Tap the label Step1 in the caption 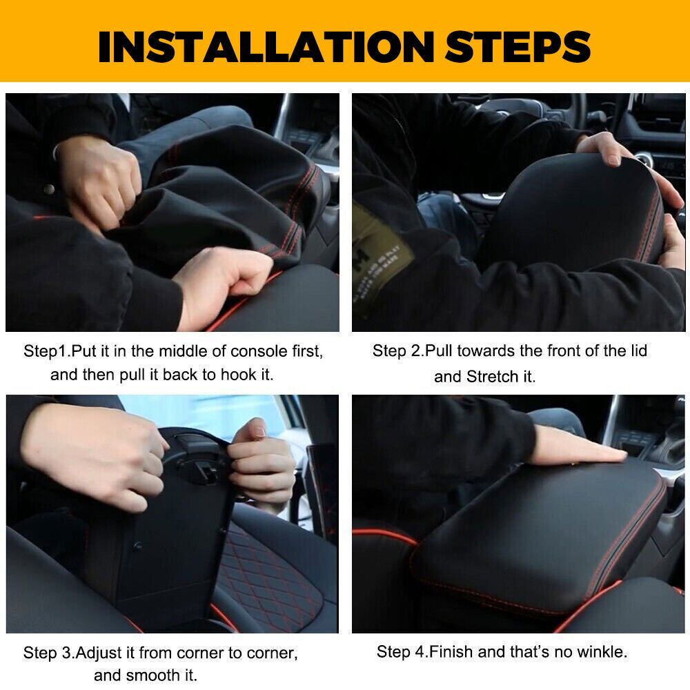pyautogui.click(x=46, y=351)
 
